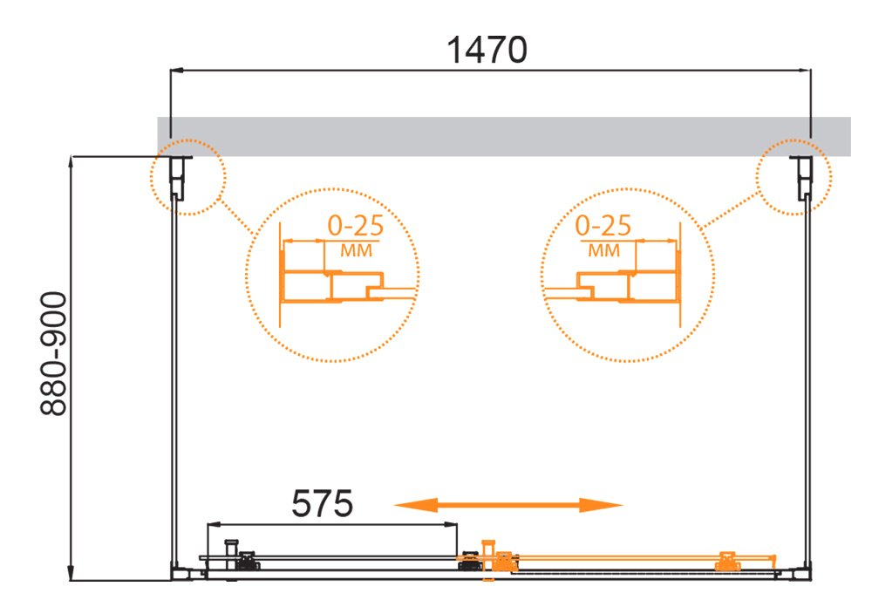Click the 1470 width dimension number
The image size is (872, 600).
(487, 50)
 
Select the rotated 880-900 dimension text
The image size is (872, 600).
(54, 354)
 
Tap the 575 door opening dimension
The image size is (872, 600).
(322, 503)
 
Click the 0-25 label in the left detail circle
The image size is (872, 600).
(356, 225)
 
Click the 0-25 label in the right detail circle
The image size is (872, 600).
(603, 225)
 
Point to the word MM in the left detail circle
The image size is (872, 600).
(356, 251)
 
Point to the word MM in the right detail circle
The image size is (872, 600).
(604, 251)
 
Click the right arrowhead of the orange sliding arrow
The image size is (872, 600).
(601, 505)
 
